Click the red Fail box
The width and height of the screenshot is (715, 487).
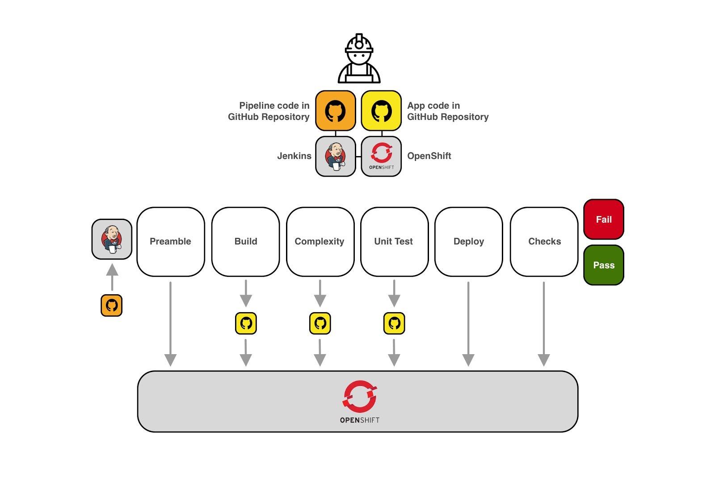coord(603,219)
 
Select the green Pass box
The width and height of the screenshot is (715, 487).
coord(603,265)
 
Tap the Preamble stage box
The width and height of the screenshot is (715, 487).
coord(170,241)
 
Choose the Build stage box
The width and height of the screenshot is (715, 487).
coord(245,241)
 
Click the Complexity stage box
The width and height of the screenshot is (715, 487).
coord(320,241)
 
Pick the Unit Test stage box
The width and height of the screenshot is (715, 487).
coord(394,241)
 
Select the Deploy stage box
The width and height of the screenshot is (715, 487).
coord(468,241)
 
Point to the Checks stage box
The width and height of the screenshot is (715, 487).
coord(544,241)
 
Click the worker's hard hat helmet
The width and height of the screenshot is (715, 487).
coord(359,44)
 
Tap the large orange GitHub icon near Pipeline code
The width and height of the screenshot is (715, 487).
coord(336,110)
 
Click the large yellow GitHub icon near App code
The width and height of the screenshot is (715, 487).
coord(381,110)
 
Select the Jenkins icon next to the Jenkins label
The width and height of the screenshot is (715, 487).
coord(336,156)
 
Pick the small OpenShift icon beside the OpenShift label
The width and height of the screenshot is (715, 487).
coord(381,156)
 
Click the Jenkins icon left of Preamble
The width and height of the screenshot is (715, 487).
coord(112,239)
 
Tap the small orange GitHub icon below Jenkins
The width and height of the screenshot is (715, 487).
coord(112,305)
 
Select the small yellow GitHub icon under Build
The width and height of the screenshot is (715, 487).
coord(246,323)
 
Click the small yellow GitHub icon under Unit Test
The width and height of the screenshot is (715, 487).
coord(394,323)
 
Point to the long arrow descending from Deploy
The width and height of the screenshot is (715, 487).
coord(468,322)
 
